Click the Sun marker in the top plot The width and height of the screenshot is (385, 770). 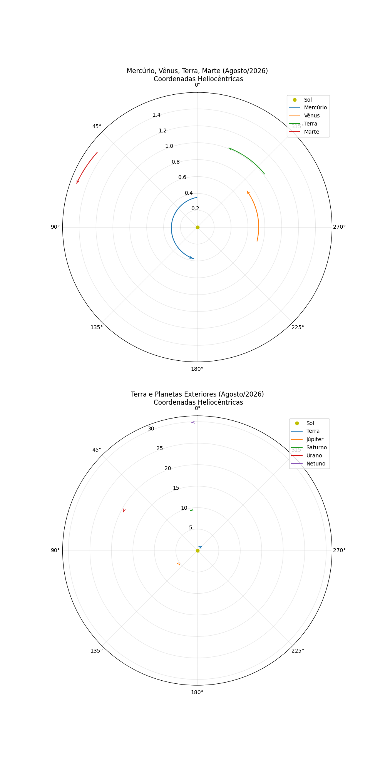198,227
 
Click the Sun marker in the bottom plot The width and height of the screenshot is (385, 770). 198,551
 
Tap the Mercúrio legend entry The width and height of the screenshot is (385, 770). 308,107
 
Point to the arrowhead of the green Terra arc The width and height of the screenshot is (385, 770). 230,149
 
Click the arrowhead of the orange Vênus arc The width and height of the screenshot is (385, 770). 248,192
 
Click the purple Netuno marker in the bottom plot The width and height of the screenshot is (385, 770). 193,422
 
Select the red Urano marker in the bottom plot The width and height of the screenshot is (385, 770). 124,511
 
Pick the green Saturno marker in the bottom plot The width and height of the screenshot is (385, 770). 191,510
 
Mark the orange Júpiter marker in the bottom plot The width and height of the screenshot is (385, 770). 178,564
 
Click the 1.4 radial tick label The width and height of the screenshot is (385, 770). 156,115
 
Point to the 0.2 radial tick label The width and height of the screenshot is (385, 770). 195,209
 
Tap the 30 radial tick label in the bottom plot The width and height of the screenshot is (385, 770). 151,429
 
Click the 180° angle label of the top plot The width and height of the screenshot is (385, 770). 197,369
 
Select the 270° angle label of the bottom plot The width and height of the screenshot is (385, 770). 339,550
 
